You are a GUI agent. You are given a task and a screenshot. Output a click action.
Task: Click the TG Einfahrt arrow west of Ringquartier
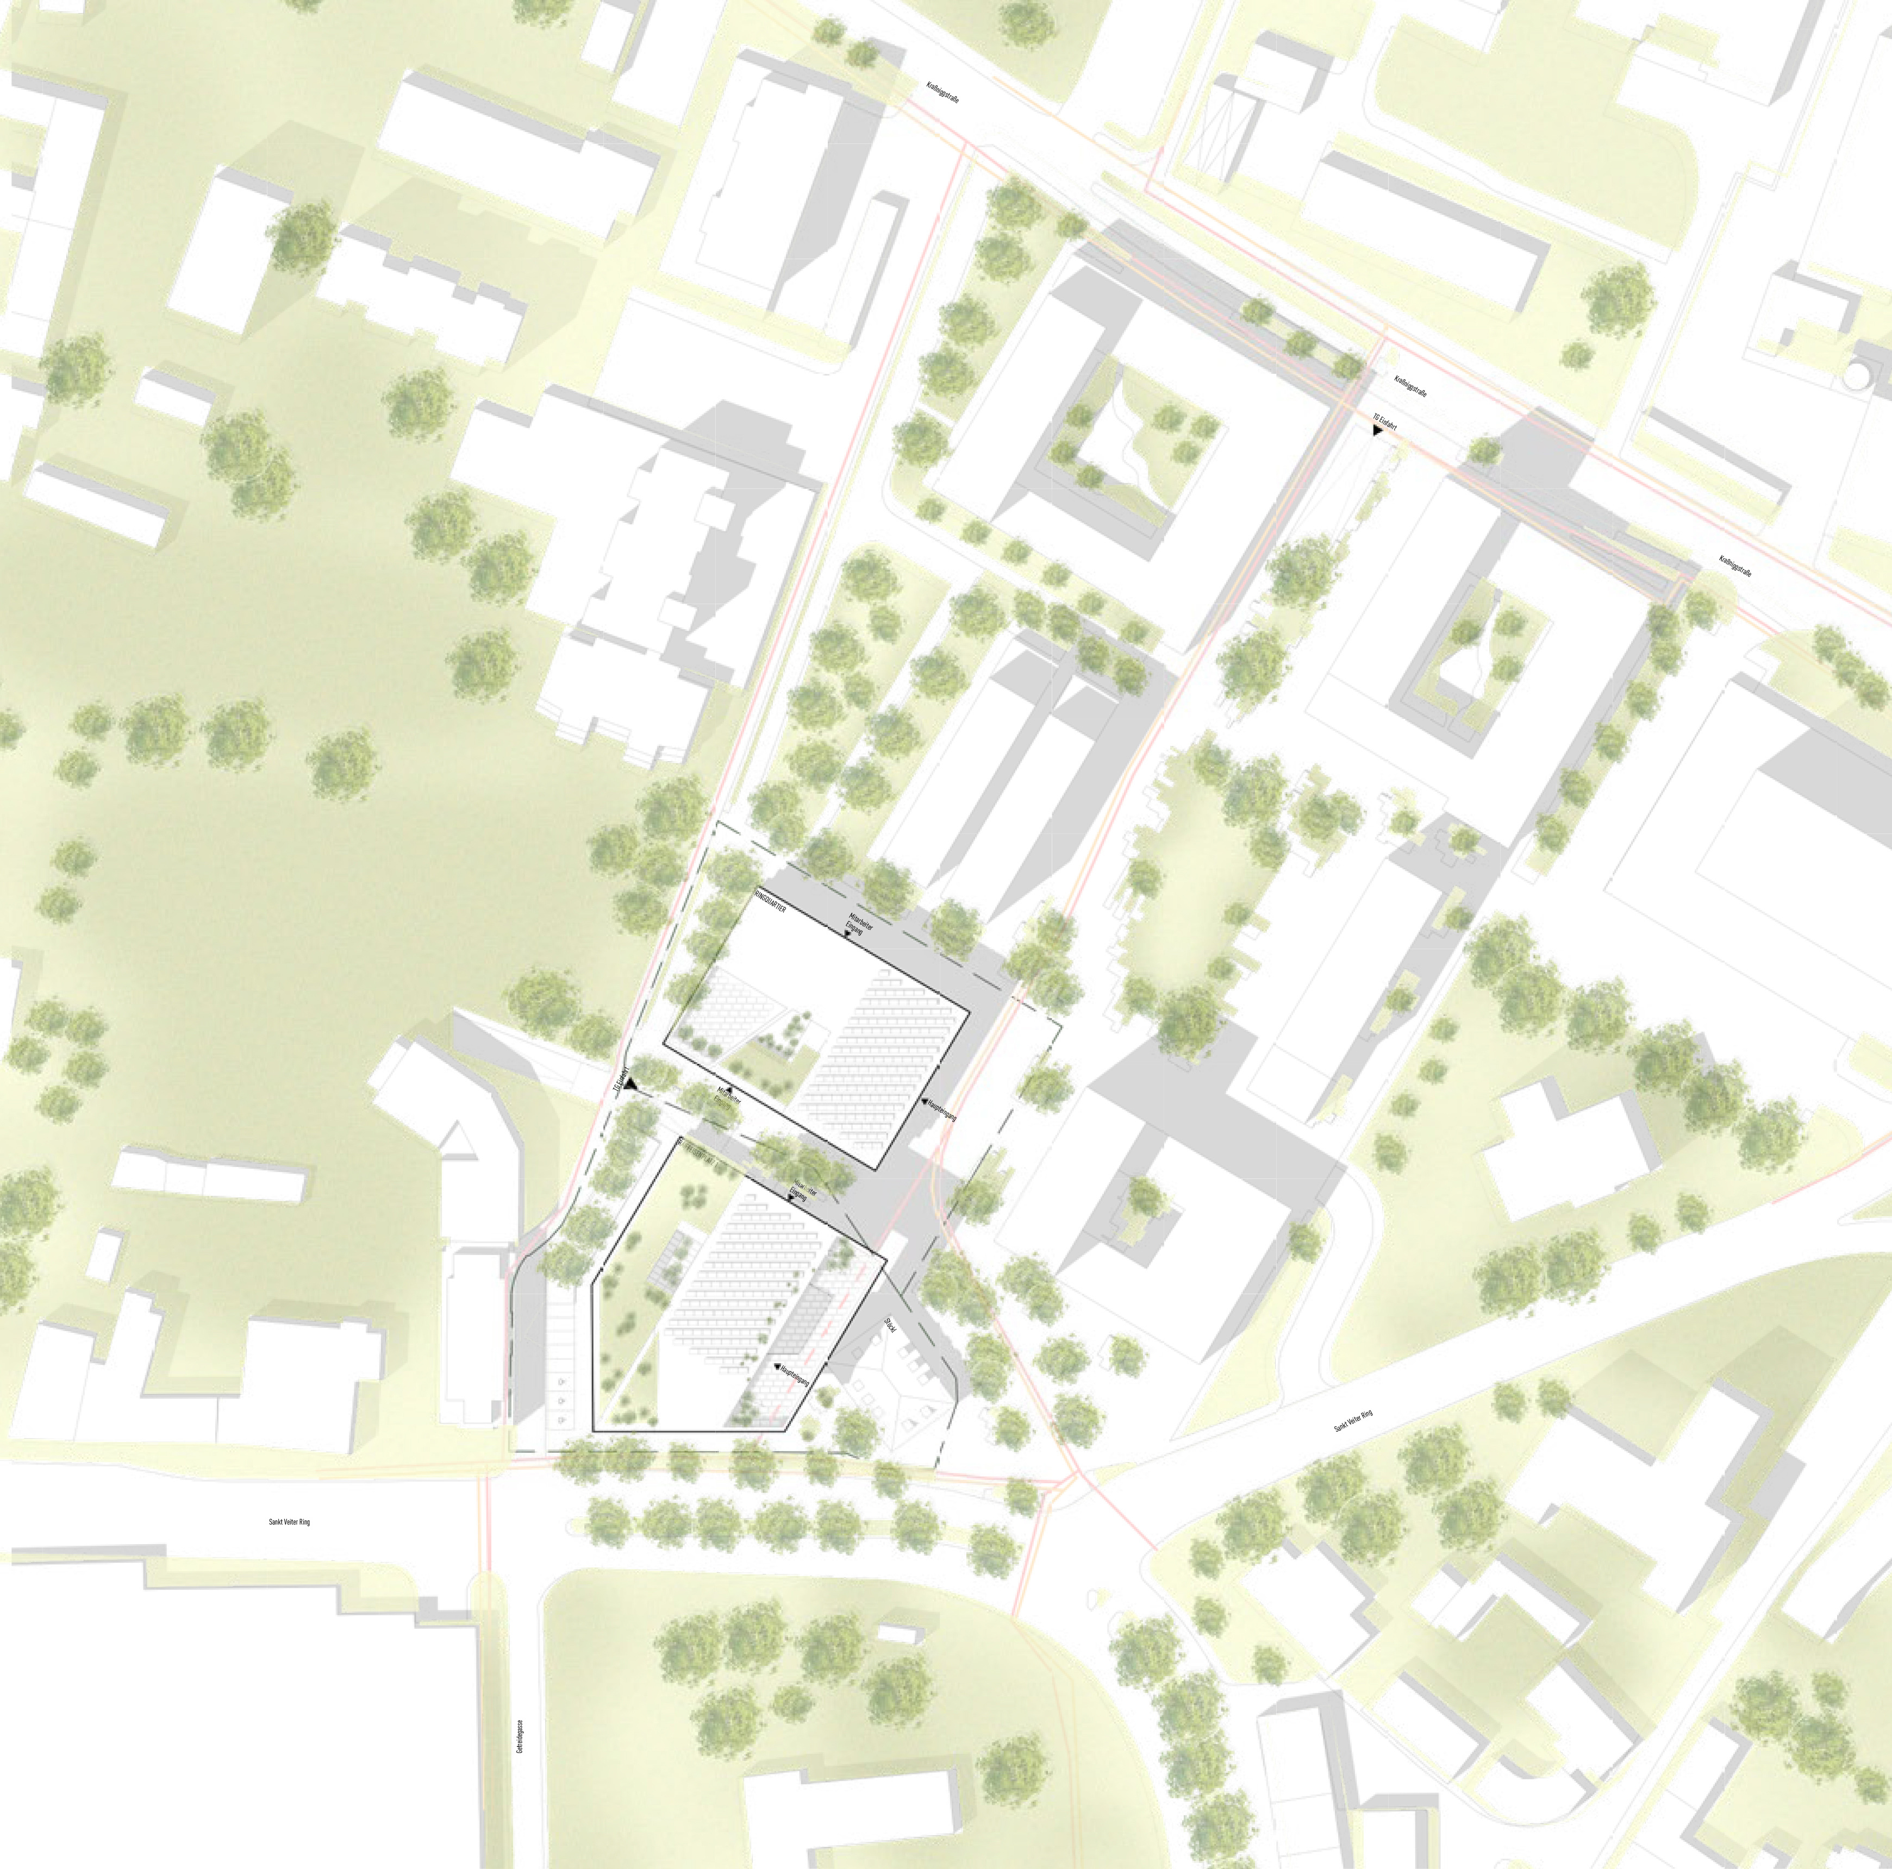tap(632, 1086)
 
